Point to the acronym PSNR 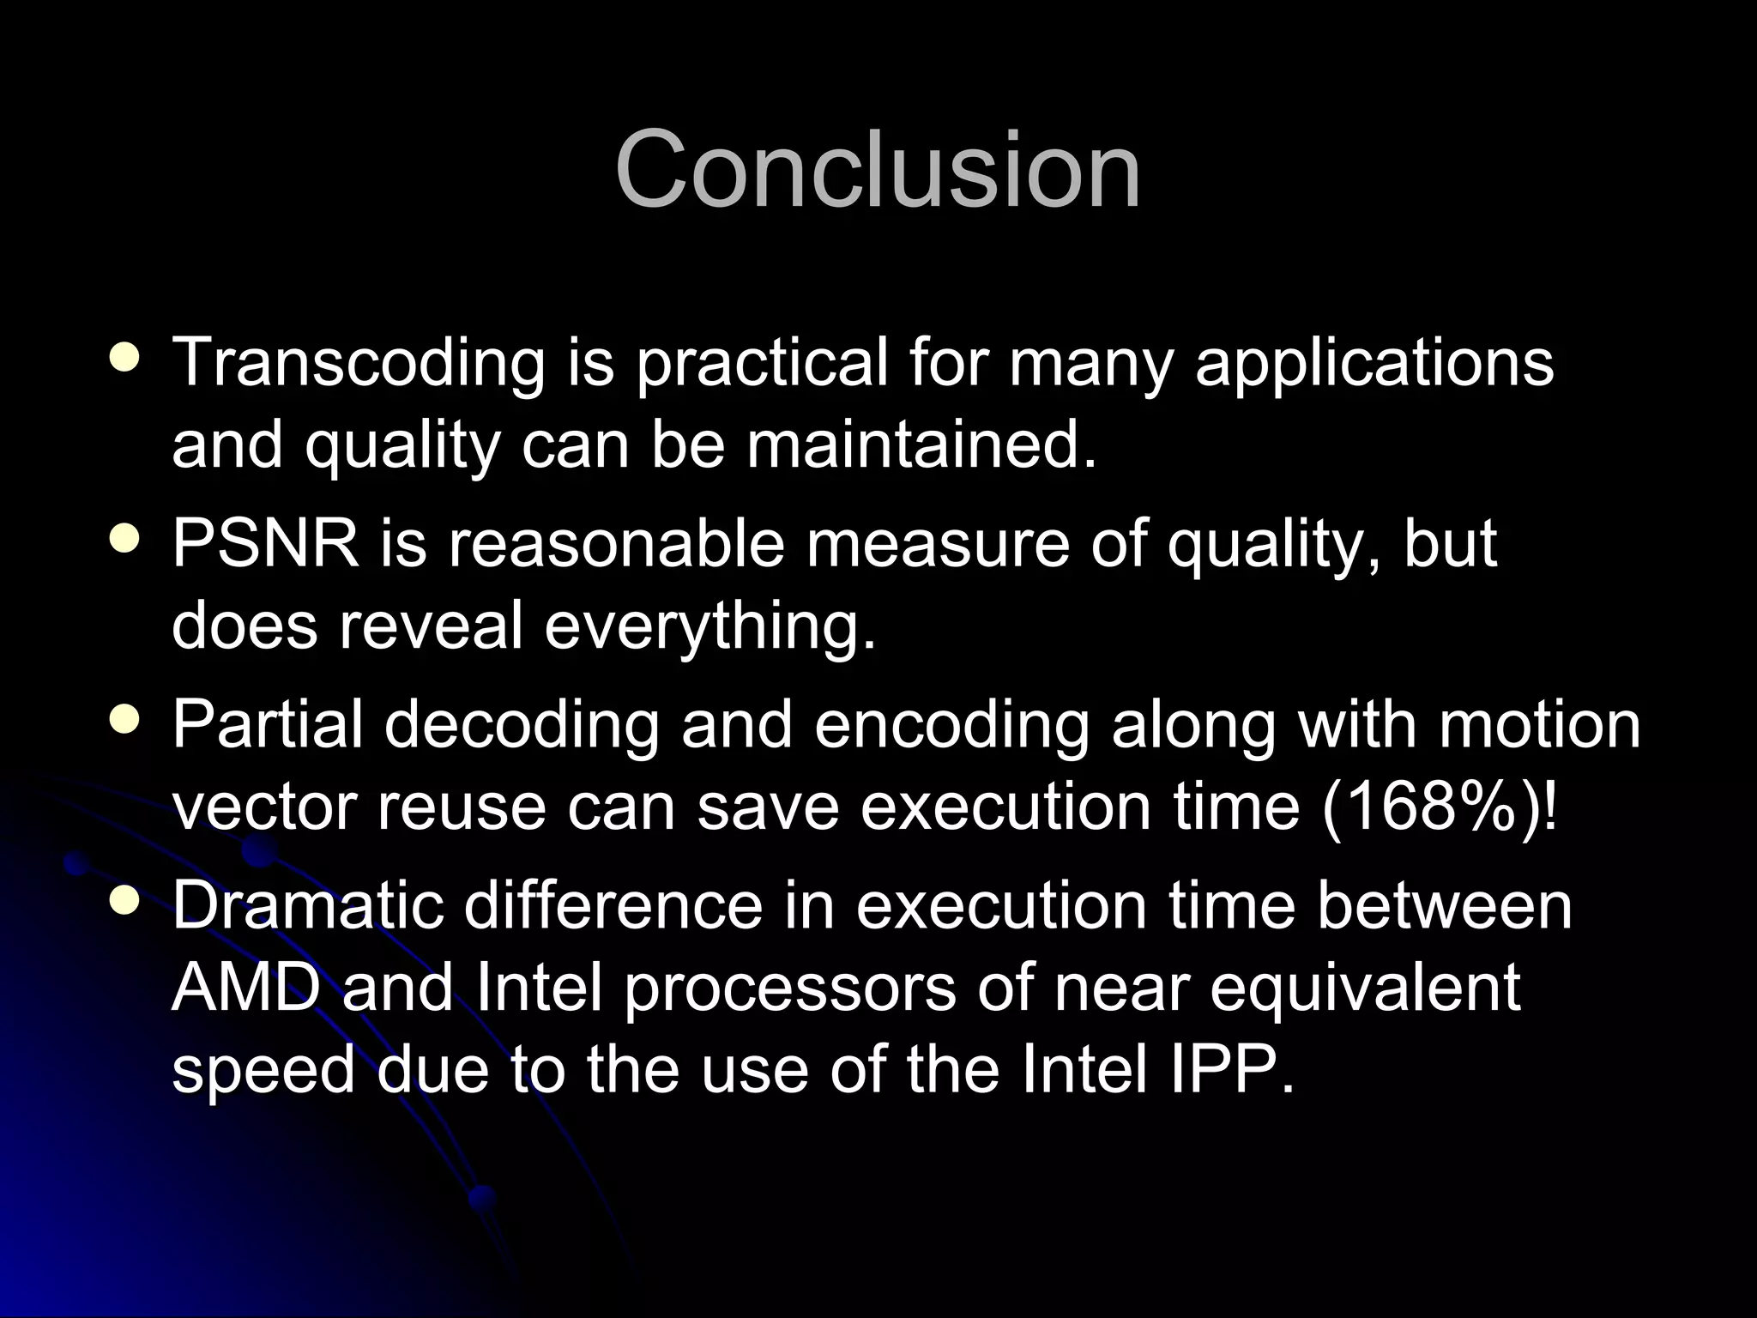(x=265, y=544)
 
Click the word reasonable (x=616, y=544)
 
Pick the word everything (x=710, y=626)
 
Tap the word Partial (x=267, y=725)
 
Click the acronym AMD (x=245, y=988)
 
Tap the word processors (x=789, y=988)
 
